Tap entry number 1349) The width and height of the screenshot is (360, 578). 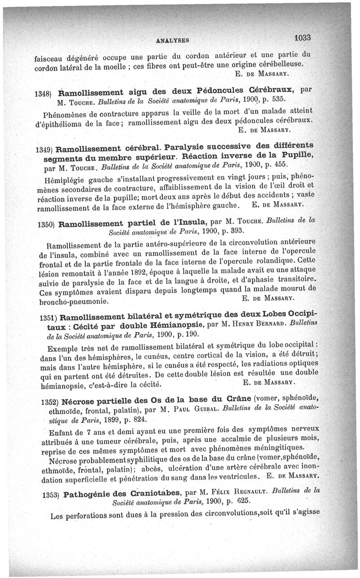click(46, 149)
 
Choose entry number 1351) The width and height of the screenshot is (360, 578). click(48, 317)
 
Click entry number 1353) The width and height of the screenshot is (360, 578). click(50, 495)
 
